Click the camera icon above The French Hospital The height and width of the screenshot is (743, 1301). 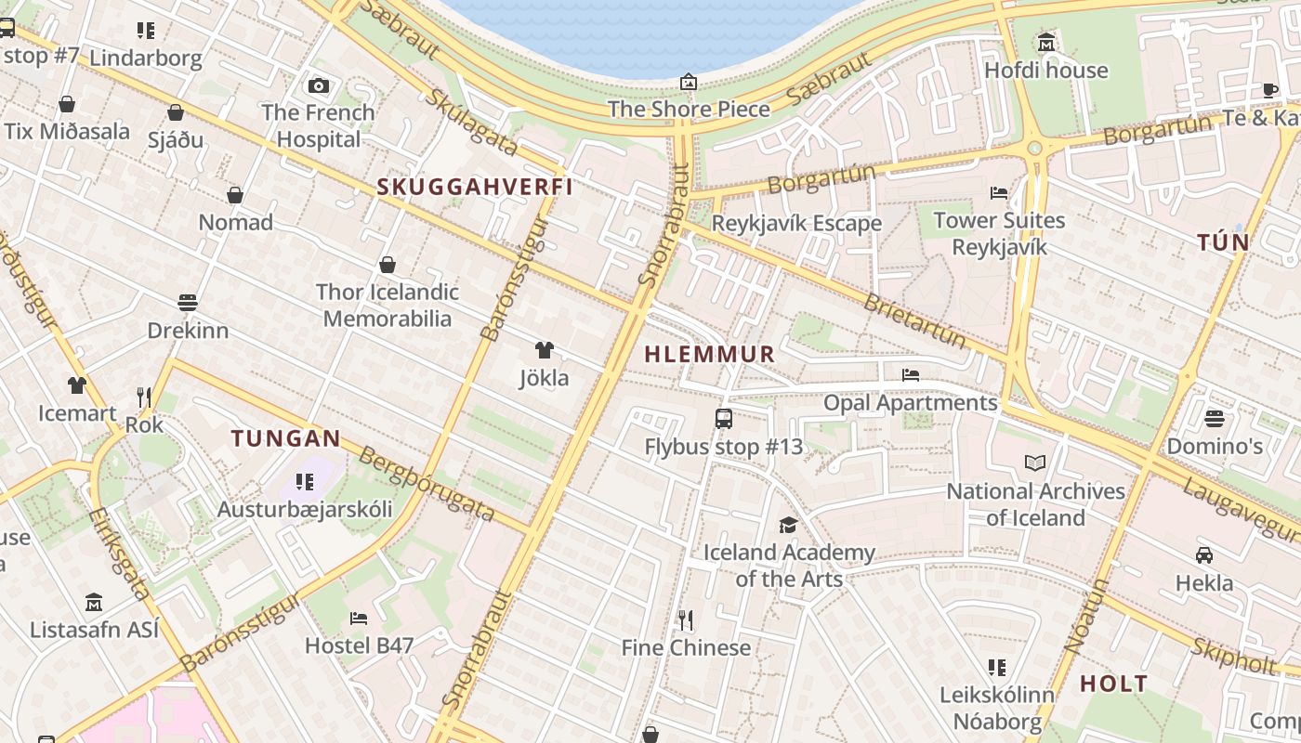tap(319, 86)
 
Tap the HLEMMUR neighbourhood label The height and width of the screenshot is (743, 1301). tap(709, 354)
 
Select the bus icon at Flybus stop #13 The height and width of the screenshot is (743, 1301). tap(724, 419)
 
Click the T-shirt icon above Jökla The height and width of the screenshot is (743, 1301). tap(545, 350)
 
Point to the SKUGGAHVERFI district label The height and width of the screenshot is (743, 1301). tap(474, 187)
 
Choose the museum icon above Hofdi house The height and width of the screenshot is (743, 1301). tap(1046, 43)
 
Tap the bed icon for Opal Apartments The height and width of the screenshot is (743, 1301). tap(911, 375)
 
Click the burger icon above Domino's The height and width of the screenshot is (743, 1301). tap(1214, 419)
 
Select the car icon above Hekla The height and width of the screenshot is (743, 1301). tap(1204, 555)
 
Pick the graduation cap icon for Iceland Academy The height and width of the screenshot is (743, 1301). tap(788, 526)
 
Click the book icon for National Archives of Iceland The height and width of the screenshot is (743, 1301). tap(1035, 463)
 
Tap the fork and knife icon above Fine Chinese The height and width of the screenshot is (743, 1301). tap(686, 619)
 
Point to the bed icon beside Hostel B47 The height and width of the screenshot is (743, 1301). tap(359, 619)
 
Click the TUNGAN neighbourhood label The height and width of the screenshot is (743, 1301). tap(285, 438)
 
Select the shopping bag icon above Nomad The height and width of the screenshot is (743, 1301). tap(235, 195)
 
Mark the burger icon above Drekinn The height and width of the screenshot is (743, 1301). tap(188, 303)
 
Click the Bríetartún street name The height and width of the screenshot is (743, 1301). tap(915, 320)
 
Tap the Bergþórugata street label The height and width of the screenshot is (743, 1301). tap(426, 483)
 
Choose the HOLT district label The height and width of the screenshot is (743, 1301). tap(1113, 684)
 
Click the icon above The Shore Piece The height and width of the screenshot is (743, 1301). tap(689, 83)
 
